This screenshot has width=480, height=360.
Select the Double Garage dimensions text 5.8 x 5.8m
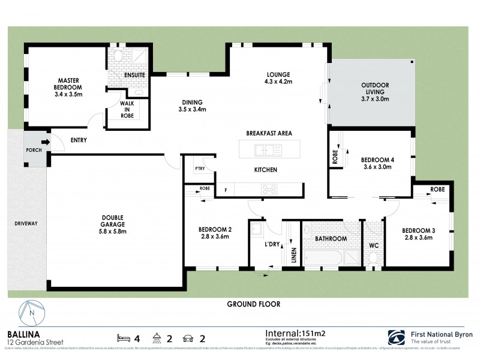[113, 231]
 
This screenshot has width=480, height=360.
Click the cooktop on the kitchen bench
[268, 189]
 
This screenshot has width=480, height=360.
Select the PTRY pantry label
[200, 169]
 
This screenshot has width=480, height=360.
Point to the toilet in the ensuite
[118, 57]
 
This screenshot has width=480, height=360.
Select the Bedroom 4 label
[376, 160]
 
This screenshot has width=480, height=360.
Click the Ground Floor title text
[253, 304]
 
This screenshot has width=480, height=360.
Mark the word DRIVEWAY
[26, 224]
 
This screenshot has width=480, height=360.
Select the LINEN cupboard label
[293, 255]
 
